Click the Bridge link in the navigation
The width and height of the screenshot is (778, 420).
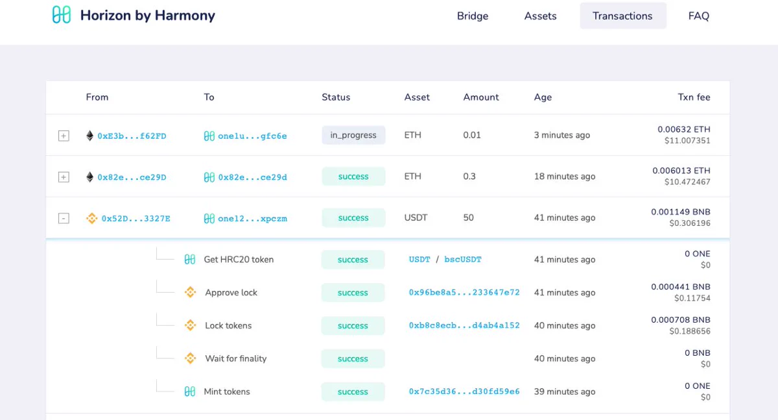473,16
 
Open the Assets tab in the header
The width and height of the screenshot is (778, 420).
540,16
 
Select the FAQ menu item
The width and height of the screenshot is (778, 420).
698,16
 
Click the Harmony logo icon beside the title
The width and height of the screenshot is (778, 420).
62,15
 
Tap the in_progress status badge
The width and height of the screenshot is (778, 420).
353,135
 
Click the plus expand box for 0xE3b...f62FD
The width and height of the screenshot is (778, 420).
64,136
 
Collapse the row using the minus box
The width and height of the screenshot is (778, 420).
64,218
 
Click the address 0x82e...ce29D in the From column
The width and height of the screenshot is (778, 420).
132,177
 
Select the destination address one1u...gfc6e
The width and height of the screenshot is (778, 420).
252,136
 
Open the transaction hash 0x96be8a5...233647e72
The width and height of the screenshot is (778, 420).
464,292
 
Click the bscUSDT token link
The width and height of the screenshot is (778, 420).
463,260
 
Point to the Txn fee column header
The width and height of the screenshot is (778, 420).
694,97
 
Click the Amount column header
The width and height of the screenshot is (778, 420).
480,97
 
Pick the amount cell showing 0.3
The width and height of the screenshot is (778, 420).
469,177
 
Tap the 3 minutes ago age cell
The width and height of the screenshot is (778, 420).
561,135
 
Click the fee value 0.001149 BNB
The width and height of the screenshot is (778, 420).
680,212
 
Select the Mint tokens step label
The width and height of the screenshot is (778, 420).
226,391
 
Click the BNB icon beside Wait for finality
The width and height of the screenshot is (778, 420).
190,358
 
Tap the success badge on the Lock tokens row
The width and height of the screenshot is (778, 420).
353,325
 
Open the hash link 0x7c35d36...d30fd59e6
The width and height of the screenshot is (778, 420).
464,391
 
